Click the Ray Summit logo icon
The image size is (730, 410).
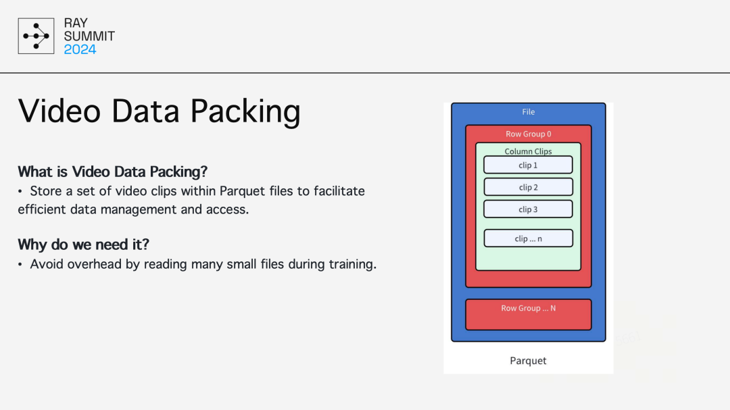click(x=36, y=36)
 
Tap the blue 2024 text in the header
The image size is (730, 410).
click(x=80, y=49)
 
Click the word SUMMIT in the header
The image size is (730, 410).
click(x=89, y=36)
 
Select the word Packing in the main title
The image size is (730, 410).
click(x=245, y=111)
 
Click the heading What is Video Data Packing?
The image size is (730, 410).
click(x=113, y=172)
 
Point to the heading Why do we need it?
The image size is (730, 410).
click(x=83, y=245)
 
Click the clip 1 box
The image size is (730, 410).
click(x=528, y=165)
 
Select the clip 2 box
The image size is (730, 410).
click(x=528, y=187)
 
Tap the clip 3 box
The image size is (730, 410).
click(x=528, y=209)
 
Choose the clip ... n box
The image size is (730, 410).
click(x=528, y=238)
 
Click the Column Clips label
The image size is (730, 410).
click(x=528, y=151)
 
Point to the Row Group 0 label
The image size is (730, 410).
click(x=529, y=134)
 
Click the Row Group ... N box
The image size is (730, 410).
click(x=529, y=315)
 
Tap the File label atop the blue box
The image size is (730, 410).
click(x=529, y=111)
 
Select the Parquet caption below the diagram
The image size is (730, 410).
click(x=528, y=361)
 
